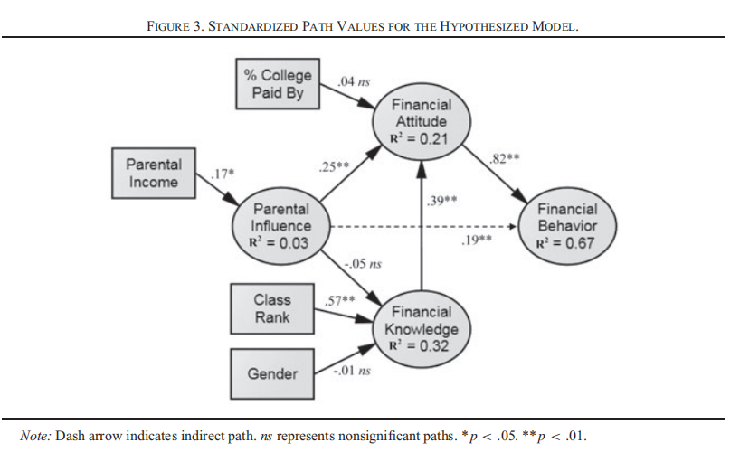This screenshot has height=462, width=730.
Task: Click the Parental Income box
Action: point(154,174)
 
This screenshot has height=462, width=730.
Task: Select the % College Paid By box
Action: point(278,84)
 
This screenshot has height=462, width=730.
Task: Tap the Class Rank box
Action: point(271,308)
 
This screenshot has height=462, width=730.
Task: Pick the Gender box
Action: point(272,373)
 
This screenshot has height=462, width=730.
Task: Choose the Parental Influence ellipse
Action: point(281,226)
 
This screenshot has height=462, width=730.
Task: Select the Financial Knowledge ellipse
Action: point(422,326)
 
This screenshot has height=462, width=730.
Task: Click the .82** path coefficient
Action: point(502,160)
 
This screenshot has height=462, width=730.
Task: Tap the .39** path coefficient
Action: point(441,199)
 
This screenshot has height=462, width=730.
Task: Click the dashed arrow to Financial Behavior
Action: point(425,227)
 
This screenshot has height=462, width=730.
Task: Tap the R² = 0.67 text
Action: point(566,241)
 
